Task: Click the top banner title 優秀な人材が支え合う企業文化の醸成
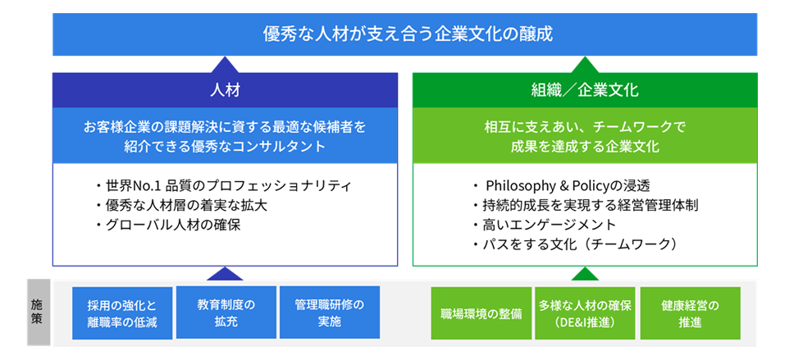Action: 408,34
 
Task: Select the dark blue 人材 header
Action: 226,90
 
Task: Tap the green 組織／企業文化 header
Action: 585,90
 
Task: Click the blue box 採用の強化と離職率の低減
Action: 122,313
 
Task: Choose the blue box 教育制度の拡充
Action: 226,312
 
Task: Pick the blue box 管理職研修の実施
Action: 330,312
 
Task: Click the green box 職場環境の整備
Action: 481,313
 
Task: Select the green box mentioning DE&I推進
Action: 585,313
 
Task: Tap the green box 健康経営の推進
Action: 690,313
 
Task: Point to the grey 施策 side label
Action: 39,312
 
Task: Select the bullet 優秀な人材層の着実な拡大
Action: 180,206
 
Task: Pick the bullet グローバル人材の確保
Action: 167,225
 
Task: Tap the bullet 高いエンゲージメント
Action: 544,225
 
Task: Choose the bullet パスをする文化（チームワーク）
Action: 574,244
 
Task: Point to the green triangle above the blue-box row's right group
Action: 585,274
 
